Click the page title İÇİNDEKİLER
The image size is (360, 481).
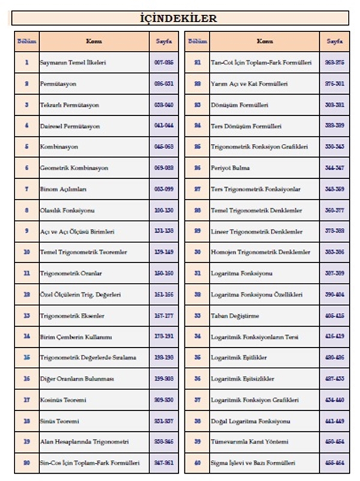coord(180,19)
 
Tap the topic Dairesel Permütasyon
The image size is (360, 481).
coord(70,127)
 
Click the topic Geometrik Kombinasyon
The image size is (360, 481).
coord(74,169)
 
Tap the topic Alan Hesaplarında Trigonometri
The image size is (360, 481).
coord(84,442)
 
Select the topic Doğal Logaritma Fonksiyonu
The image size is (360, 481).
coord(251,421)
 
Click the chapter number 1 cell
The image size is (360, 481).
coord(27,63)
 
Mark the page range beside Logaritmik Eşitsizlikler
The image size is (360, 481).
coord(335,379)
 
